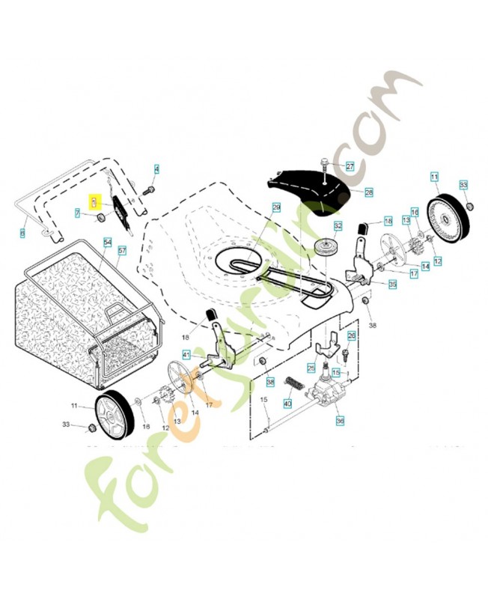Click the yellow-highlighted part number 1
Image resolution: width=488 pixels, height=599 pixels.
(x=94, y=201)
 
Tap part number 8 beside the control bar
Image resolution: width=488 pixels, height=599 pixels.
(x=22, y=234)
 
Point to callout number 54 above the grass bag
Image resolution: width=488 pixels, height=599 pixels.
(x=107, y=243)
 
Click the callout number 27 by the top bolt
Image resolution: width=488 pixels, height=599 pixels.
(x=350, y=166)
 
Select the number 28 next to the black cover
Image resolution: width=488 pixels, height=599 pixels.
(x=368, y=192)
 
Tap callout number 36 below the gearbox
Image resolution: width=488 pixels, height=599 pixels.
(x=340, y=422)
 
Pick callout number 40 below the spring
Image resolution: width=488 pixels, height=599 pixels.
(x=287, y=404)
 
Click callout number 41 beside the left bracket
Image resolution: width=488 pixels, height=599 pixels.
(x=186, y=354)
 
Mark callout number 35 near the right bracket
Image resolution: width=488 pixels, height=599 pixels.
(x=392, y=285)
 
